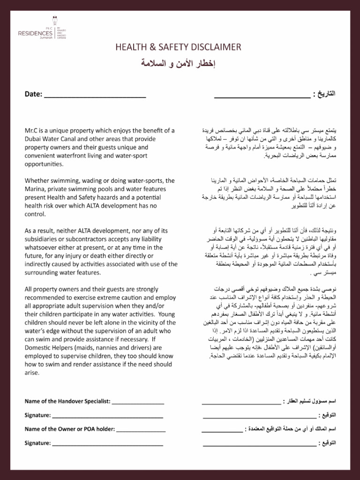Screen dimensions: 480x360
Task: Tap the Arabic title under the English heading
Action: pos(180,63)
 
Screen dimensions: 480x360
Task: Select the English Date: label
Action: pos(33,94)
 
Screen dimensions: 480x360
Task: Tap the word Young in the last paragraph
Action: pos(167,314)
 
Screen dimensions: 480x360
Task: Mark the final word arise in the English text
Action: pos(32,373)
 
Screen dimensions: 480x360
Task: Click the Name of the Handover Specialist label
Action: pos(67,401)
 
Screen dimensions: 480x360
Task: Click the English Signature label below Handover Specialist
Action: pos(37,415)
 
